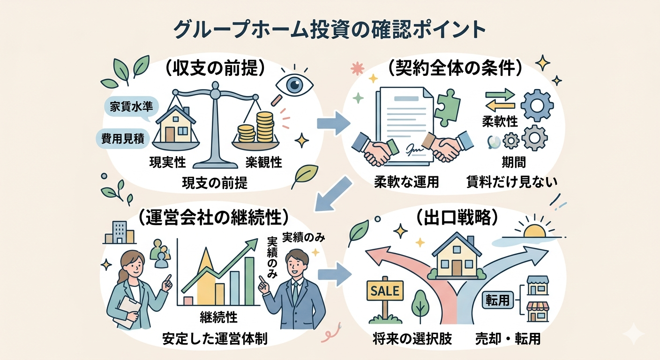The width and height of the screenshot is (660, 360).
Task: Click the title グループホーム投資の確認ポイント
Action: coord(330,30)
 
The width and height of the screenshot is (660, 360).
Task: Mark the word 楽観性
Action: coord(263,162)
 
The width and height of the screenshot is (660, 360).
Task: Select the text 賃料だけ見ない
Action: coord(512,182)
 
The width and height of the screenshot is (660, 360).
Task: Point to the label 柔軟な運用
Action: coord(406,182)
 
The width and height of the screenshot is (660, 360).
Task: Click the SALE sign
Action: coord(384,291)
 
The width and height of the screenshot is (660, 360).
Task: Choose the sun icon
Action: coord(534,231)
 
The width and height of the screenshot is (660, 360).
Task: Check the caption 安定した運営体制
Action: coord(215,339)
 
